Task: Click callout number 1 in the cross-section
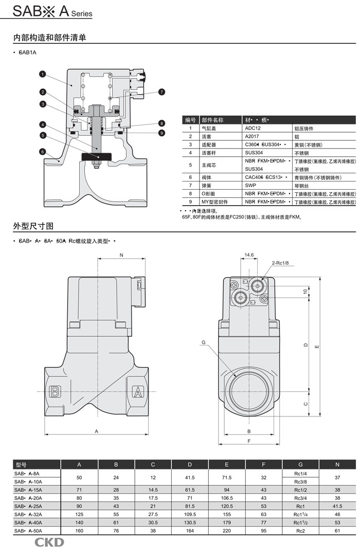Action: click(x=43, y=74)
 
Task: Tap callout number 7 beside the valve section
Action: click(x=161, y=92)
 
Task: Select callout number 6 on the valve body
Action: click(x=43, y=152)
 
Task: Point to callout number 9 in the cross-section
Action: click(x=161, y=133)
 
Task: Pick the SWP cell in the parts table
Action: click(x=250, y=185)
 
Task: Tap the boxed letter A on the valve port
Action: click(x=138, y=392)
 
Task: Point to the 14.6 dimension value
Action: click(x=249, y=254)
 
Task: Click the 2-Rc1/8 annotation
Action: click(x=280, y=263)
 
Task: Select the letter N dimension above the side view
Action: click(x=121, y=255)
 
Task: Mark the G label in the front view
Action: click(x=204, y=342)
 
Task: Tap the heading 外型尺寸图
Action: click(x=33, y=226)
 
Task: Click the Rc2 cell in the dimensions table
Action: click(x=300, y=530)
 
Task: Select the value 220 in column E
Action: click(x=226, y=530)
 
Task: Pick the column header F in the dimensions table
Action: click(x=263, y=465)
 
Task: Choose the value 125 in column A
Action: click(x=79, y=514)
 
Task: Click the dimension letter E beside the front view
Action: click(x=317, y=346)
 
